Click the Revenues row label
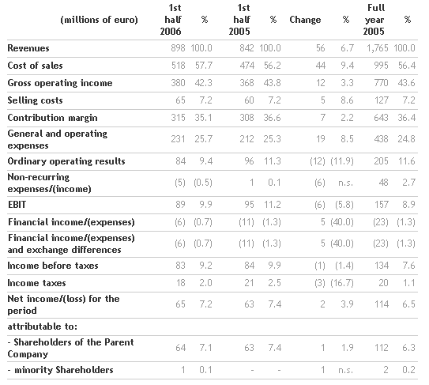click(28, 48)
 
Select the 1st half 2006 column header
click(171, 20)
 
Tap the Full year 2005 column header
click(374, 20)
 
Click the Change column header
click(305, 20)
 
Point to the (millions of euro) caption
click(99, 20)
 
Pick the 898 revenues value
click(178, 48)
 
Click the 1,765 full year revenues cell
click(378, 48)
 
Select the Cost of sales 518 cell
click(178, 66)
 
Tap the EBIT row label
click(17, 205)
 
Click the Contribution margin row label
click(52, 118)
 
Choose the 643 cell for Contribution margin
click(381, 118)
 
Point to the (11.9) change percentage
click(342, 161)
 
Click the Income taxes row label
click(36, 283)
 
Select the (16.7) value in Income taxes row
click(342, 283)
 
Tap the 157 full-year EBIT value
click(381, 205)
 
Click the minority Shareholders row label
click(61, 370)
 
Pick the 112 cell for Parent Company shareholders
click(381, 348)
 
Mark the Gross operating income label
click(60, 83)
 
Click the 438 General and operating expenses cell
click(381, 139)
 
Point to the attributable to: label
click(43, 326)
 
